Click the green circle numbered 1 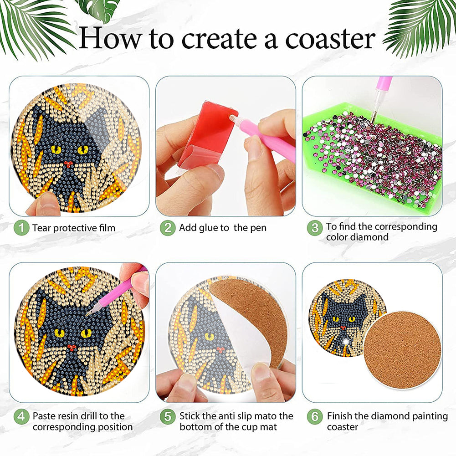21,228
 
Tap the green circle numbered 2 168,228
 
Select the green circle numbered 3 315,228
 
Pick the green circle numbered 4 21,417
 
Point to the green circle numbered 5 168,417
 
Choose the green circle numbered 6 315,417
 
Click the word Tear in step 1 42,228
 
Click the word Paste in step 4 44,416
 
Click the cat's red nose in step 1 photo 69,164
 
